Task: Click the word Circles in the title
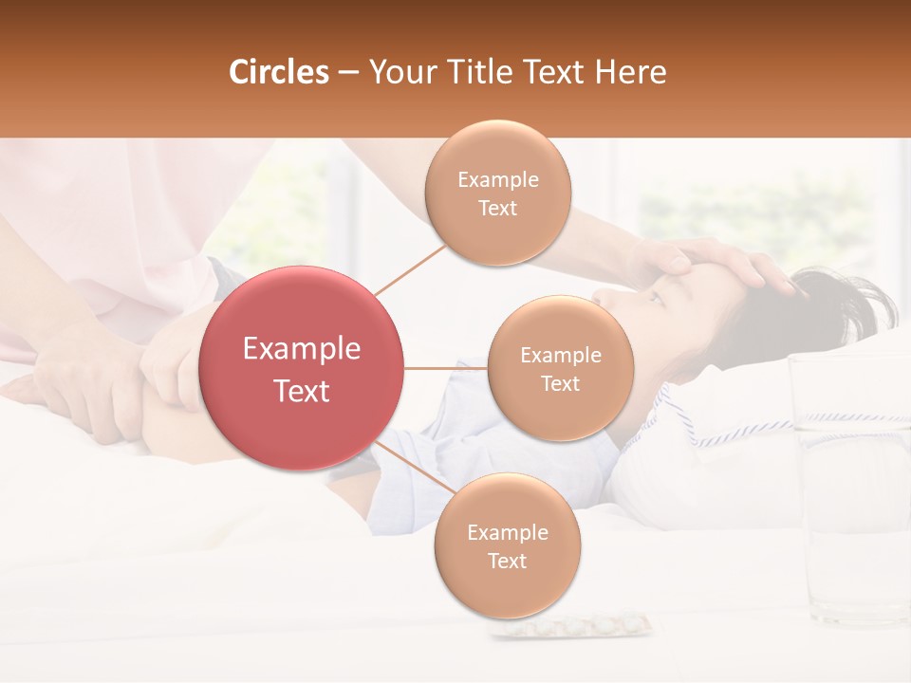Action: (x=279, y=72)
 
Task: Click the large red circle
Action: (x=301, y=368)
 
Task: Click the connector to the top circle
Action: (x=410, y=268)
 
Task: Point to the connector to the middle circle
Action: (x=445, y=368)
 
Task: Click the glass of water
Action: (x=849, y=484)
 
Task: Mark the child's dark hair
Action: (x=835, y=304)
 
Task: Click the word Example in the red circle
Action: (x=301, y=349)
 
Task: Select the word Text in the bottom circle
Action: (x=507, y=561)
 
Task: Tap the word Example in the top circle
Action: (x=497, y=179)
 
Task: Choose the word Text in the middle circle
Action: (x=560, y=383)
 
